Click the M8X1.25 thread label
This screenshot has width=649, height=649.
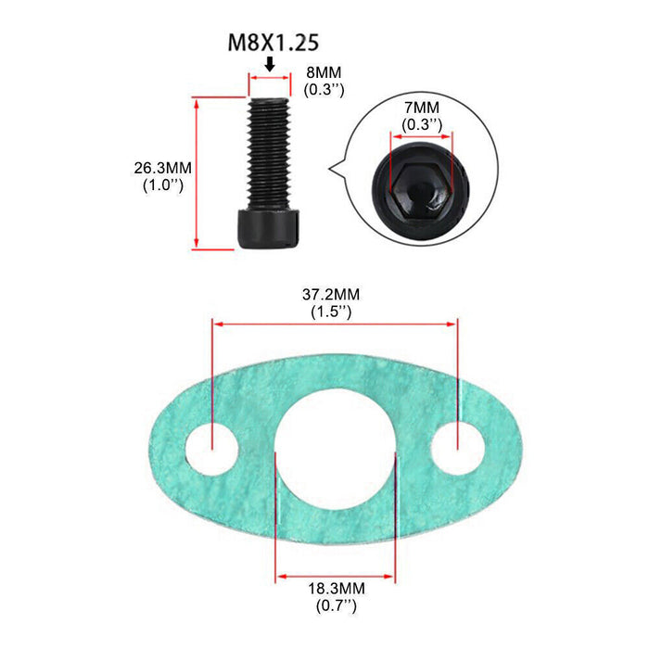(269, 43)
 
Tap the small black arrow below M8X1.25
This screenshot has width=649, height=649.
(269, 64)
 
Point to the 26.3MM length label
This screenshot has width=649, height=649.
(162, 168)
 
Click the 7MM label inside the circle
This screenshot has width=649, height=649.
(422, 108)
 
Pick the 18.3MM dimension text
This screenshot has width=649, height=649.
(336, 589)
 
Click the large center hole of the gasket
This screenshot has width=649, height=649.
(335, 444)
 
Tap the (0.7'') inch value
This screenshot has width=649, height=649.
(336, 606)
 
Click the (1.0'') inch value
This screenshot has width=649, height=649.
(162, 185)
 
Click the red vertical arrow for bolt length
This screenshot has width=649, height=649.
(197, 172)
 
